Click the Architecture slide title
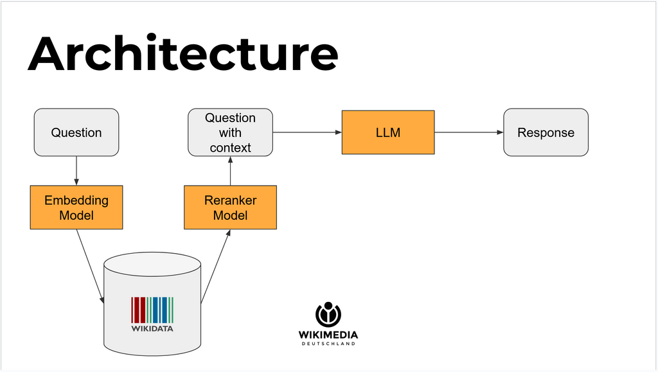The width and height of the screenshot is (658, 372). click(182, 54)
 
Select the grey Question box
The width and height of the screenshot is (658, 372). click(76, 132)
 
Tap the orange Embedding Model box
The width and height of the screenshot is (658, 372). click(76, 208)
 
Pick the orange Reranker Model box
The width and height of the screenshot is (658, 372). click(230, 208)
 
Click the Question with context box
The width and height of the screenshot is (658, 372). click(230, 132)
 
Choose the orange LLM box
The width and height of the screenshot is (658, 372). click(387, 132)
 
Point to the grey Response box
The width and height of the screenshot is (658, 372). click(546, 132)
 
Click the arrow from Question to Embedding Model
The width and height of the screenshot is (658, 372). click(76, 170)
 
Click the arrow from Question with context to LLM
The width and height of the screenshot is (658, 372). click(307, 133)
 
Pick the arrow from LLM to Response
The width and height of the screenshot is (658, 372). click(468, 133)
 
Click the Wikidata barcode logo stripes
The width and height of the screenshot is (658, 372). click(152, 309)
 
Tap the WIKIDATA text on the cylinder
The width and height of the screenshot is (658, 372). click(152, 328)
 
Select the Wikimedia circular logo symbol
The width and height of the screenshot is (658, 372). click(328, 314)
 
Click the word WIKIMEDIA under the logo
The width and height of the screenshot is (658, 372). click(328, 334)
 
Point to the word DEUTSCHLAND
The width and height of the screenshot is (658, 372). click(328, 344)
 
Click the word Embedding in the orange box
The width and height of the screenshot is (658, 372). click(76, 200)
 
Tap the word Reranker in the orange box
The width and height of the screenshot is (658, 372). click(230, 200)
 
